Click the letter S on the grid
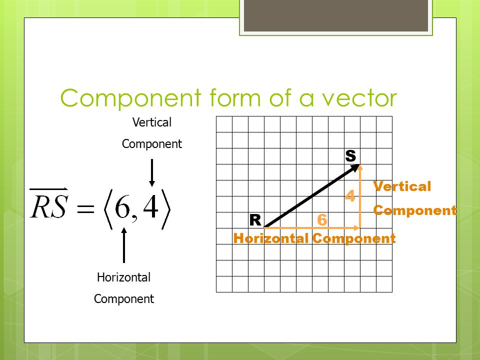[x=350, y=156]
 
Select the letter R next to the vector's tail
[x=255, y=220]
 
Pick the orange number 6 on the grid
[x=322, y=220]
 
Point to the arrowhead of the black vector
[x=356, y=167]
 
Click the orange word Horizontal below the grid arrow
[x=271, y=238]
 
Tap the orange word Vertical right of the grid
[x=402, y=187]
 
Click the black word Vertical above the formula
[x=151, y=122]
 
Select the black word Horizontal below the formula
[x=123, y=277]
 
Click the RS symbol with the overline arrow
[x=48, y=206]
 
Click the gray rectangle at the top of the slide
[x=336, y=15]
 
